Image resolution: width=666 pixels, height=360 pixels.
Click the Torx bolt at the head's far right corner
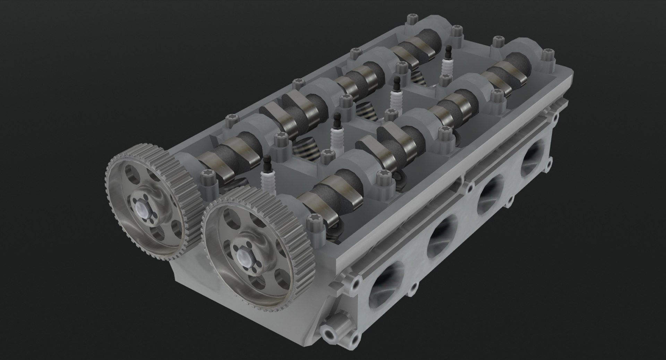pyautogui.click(x=548, y=56)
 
